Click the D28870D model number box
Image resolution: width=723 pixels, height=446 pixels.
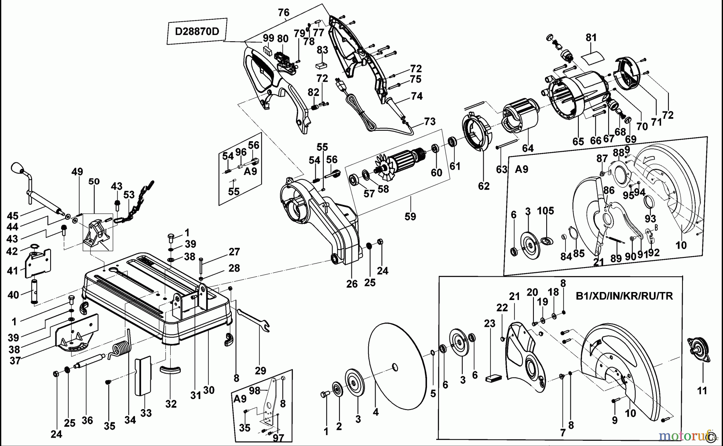click(x=197, y=31)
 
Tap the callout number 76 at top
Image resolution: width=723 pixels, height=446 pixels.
click(x=284, y=12)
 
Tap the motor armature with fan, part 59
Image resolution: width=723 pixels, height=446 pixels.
click(x=402, y=160)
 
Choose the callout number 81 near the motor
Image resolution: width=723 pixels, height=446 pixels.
click(x=591, y=38)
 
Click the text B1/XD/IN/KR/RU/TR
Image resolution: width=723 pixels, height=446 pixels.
click(x=624, y=296)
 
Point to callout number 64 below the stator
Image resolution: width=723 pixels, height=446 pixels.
click(x=527, y=148)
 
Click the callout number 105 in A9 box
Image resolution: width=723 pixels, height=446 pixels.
click(x=545, y=211)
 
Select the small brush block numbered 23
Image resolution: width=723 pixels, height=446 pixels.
click(x=494, y=377)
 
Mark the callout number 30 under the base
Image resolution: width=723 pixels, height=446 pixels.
click(x=209, y=389)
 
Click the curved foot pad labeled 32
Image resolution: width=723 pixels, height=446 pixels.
click(x=171, y=369)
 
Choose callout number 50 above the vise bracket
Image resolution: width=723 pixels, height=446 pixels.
click(x=94, y=181)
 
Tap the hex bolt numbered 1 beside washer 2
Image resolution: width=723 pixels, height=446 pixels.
click(x=324, y=395)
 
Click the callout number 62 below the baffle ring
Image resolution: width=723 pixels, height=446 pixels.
click(x=484, y=186)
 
